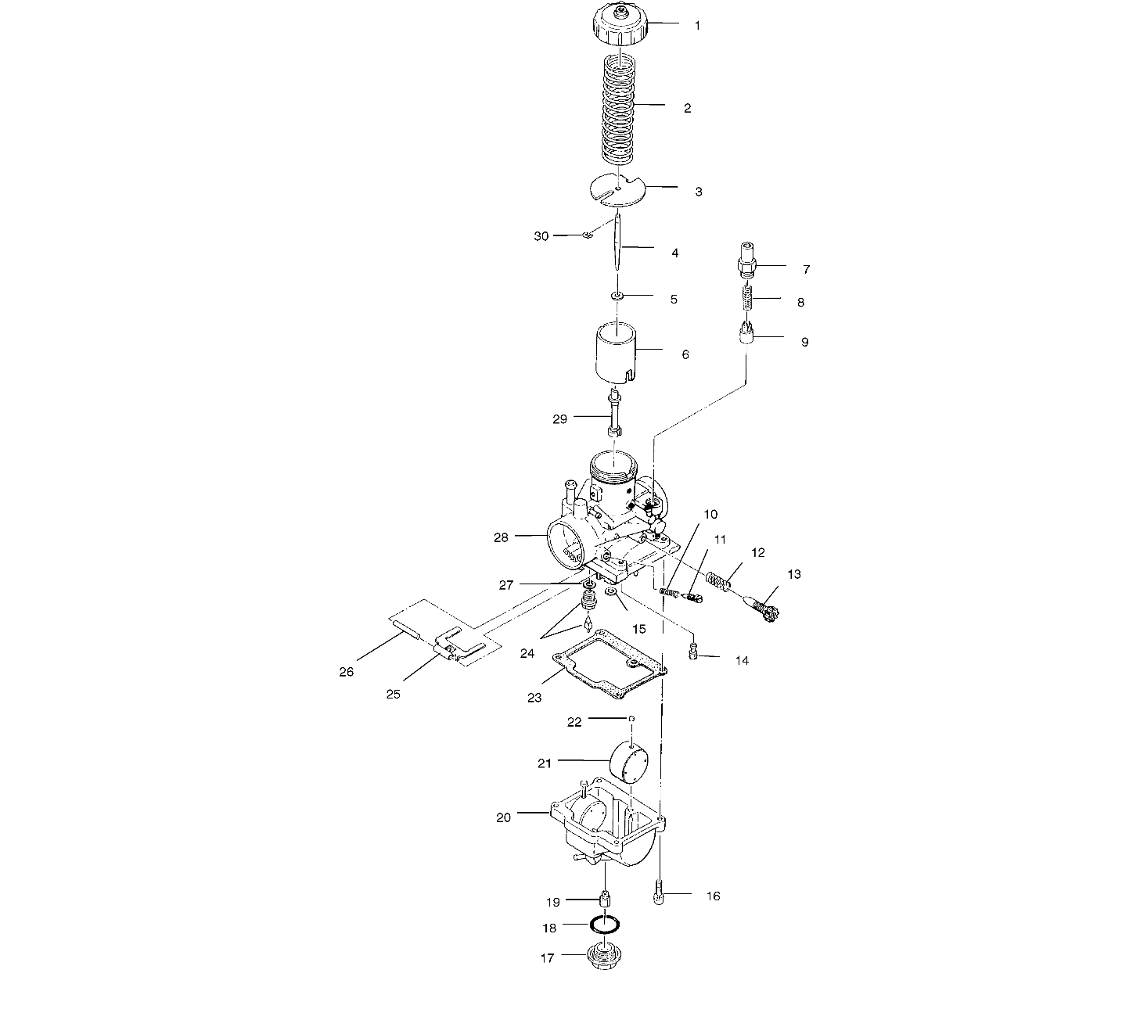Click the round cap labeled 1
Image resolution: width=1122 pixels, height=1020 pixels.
(x=618, y=27)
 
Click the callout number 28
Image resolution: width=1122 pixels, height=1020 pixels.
(x=502, y=537)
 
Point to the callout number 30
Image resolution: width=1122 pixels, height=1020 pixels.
(x=541, y=235)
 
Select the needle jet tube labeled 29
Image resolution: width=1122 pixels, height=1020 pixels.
(x=613, y=415)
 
